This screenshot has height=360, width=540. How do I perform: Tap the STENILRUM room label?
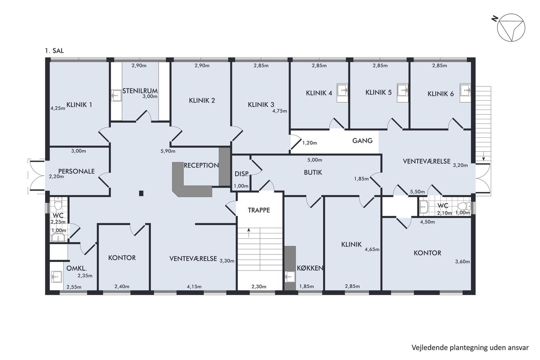pos(140,91)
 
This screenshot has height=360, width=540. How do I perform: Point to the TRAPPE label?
pos(259,210)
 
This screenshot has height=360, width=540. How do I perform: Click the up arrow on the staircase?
pos(249,233)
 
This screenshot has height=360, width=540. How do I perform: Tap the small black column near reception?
pos(141,193)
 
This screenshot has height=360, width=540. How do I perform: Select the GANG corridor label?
pos(362,140)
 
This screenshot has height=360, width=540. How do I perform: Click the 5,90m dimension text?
pos(168,151)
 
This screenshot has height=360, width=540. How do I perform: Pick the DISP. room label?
pos(241,174)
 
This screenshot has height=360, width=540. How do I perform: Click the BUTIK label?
pos(313,172)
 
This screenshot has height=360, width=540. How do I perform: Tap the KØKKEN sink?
pos(290,277)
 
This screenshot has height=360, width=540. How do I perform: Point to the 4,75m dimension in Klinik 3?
pos(280,111)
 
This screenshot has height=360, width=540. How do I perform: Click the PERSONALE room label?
pos(76,171)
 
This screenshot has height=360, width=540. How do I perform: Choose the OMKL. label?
pos(76,268)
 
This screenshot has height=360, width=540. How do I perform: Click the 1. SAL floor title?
pos(54,51)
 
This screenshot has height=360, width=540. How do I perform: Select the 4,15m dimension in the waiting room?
pos(194,286)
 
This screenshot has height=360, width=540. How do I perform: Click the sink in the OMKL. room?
pos(57,277)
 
